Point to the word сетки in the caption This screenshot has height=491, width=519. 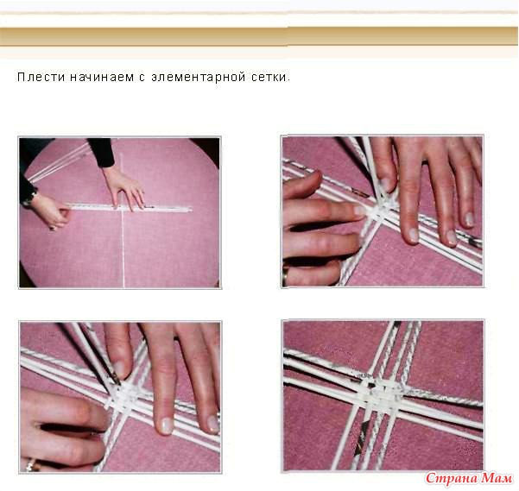[x=270, y=78]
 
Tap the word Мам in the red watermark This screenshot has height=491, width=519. [x=497, y=478]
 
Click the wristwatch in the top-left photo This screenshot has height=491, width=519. [x=31, y=196]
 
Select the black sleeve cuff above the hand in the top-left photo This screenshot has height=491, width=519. [x=102, y=153]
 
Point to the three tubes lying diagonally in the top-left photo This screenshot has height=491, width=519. [x=57, y=162]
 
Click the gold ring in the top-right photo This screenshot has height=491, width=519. [x=284, y=276]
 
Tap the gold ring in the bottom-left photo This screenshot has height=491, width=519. [x=32, y=465]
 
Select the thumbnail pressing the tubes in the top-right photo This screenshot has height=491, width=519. [x=386, y=186]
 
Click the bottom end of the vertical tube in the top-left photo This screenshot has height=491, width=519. [x=124, y=286]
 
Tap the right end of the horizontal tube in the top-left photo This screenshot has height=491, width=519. [x=191, y=210]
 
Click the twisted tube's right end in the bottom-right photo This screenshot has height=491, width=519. [x=481, y=403]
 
